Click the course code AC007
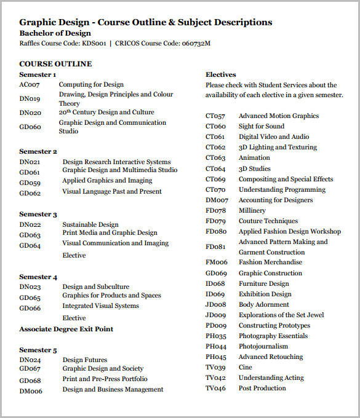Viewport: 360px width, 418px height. pyautogui.click(x=29, y=85)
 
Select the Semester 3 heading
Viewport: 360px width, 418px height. pyautogui.click(x=38, y=215)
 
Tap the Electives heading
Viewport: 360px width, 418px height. pyautogui.click(x=221, y=75)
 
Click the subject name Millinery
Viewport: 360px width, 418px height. pyautogui.click(x=252, y=211)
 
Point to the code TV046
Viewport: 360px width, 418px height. pyautogui.click(x=215, y=388)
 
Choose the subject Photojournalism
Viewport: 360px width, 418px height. pyautogui.click(x=263, y=347)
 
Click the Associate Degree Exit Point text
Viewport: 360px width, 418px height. pyautogui.click(x=66, y=329)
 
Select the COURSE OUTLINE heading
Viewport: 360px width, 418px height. pyautogui.click(x=55, y=64)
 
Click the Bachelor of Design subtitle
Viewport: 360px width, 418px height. pyautogui.click(x=55, y=33)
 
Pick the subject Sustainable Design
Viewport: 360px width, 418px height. pyautogui.click(x=90, y=225)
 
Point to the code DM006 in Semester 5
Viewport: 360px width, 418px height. pyautogui.click(x=31, y=390)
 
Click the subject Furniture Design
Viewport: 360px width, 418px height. pyautogui.click(x=263, y=284)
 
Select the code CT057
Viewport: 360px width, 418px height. pyautogui.click(x=215, y=116)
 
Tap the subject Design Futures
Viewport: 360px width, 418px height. pyautogui.click(x=85, y=360)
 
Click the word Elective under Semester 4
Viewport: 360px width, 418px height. pyautogui.click(x=74, y=318)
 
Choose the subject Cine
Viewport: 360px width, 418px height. pyautogui.click(x=246, y=368)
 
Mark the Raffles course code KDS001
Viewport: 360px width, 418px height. pyautogui.click(x=90, y=44)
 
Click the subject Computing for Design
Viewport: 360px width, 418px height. pyautogui.click(x=91, y=85)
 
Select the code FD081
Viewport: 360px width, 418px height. pyautogui.click(x=215, y=247)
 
